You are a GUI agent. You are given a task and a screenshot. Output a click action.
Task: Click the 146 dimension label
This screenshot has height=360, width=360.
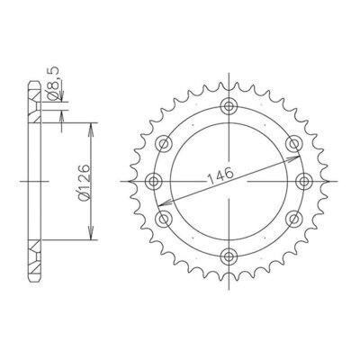(220, 175)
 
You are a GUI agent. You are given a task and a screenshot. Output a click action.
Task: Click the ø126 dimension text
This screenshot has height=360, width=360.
(85, 182)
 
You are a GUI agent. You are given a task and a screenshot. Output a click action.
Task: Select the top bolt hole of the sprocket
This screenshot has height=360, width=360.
(229, 106)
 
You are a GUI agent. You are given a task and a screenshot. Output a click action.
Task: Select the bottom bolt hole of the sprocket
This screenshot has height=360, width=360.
(229, 256)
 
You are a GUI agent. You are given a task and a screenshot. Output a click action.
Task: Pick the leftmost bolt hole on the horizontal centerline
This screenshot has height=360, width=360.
(154, 181)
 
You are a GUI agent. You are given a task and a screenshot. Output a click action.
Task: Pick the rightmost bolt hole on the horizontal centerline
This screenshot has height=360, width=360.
(304, 181)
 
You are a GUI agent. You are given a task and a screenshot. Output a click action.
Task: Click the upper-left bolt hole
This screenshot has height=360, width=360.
(164, 144)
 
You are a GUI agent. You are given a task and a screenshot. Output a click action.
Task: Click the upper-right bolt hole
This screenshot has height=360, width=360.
(294, 144)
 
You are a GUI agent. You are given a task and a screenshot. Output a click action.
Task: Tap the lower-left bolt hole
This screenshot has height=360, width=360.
(164, 219)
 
